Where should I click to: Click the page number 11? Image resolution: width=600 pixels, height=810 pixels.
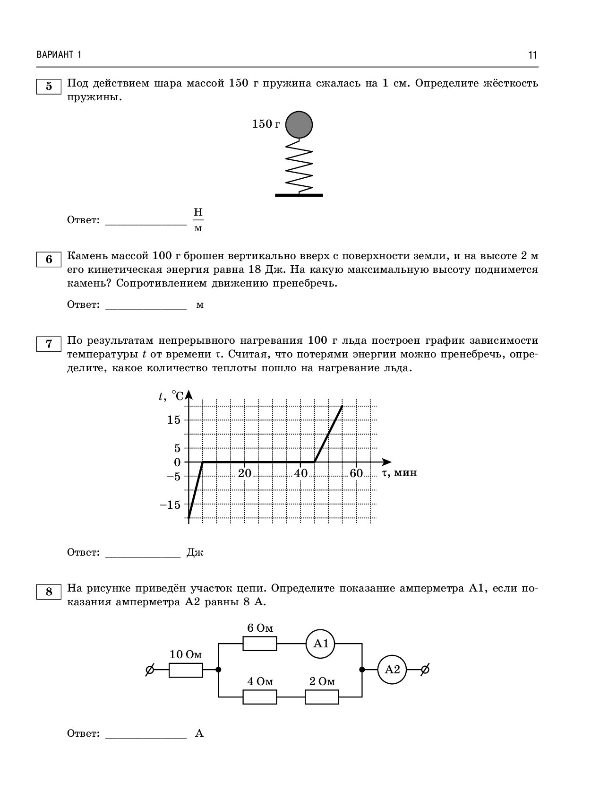pos(533,55)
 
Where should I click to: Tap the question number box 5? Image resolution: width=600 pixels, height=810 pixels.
pos(49,87)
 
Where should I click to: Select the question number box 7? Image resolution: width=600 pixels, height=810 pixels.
pos(49,344)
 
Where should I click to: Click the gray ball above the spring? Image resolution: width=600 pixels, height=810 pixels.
pos(299,124)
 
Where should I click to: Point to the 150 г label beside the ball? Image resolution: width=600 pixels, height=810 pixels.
pos(266,124)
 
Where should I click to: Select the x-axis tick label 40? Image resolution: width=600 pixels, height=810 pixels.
pos(300,473)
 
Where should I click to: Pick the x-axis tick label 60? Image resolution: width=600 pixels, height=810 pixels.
pos(357,473)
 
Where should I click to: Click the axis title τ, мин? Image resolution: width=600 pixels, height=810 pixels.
pos(400,472)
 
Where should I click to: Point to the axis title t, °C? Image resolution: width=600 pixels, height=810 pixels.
pos(171,396)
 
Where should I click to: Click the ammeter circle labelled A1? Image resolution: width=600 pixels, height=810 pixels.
pos(321,644)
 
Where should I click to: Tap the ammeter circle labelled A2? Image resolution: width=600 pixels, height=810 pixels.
pos(392,670)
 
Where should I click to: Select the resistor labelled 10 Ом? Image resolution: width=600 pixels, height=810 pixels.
pos(186,670)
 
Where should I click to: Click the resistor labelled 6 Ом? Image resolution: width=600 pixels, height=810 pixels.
pos(260,644)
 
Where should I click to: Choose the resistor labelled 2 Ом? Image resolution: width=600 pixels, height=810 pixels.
pos(322,697)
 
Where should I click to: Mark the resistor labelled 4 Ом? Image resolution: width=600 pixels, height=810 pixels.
pos(260,697)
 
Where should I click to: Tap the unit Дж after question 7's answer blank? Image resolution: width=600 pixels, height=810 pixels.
pos(195,552)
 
